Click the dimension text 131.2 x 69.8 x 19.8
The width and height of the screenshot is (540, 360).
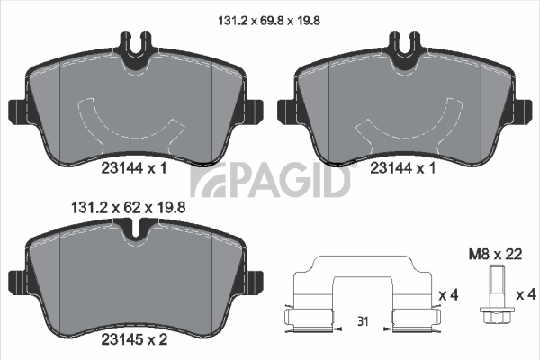269,21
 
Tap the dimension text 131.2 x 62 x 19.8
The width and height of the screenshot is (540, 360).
128,208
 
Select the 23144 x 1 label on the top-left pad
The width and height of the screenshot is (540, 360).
134,168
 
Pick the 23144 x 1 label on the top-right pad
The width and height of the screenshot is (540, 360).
403,168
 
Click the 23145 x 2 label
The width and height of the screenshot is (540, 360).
134,339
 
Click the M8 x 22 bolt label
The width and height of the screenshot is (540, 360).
495,255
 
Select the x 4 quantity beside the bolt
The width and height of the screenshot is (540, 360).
526,294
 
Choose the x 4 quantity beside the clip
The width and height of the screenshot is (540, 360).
448,295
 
